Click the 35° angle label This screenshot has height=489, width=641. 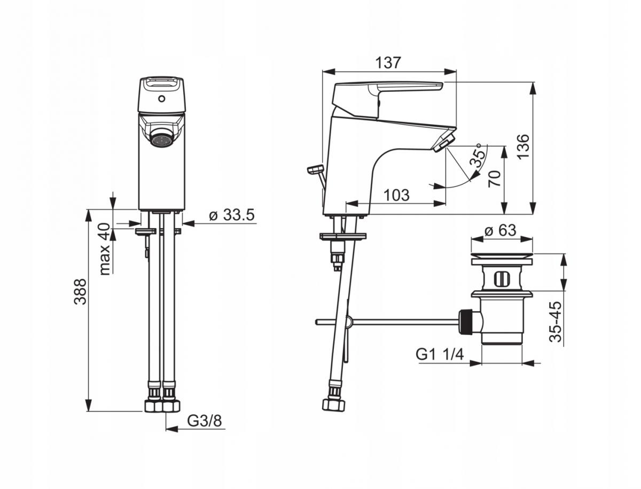pos(479,156)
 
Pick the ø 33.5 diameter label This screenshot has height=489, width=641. pos(231,216)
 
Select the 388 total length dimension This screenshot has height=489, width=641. pos(80,291)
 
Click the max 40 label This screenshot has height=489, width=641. pos(105,249)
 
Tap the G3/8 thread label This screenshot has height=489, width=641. pos(204,421)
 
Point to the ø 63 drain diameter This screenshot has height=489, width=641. pos(501,230)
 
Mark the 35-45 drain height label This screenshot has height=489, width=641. pos(556,322)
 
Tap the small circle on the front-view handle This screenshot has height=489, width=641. pos(161,100)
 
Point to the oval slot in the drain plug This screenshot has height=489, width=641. pos(501,278)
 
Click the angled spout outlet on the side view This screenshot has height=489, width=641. pos(443,143)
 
